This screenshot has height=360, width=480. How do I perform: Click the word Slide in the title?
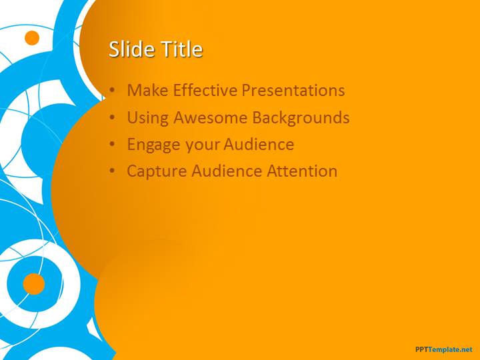coord(132,49)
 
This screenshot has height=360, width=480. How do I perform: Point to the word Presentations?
coord(293,90)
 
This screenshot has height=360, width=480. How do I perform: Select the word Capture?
coord(157,171)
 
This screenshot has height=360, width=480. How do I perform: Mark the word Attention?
coord(302,171)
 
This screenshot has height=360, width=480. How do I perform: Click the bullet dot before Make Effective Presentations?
coord(113,90)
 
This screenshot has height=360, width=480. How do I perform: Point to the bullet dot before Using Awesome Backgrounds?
coord(113,117)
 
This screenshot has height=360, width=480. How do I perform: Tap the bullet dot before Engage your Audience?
coord(113,144)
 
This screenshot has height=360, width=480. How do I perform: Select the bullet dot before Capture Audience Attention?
coord(113,171)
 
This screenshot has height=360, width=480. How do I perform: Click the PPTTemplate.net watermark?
coord(444,349)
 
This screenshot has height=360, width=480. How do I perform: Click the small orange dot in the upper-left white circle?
coord(32,38)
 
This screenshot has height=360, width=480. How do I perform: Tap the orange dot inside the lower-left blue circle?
coord(34,284)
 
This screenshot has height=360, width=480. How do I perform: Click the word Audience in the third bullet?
coord(259,145)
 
